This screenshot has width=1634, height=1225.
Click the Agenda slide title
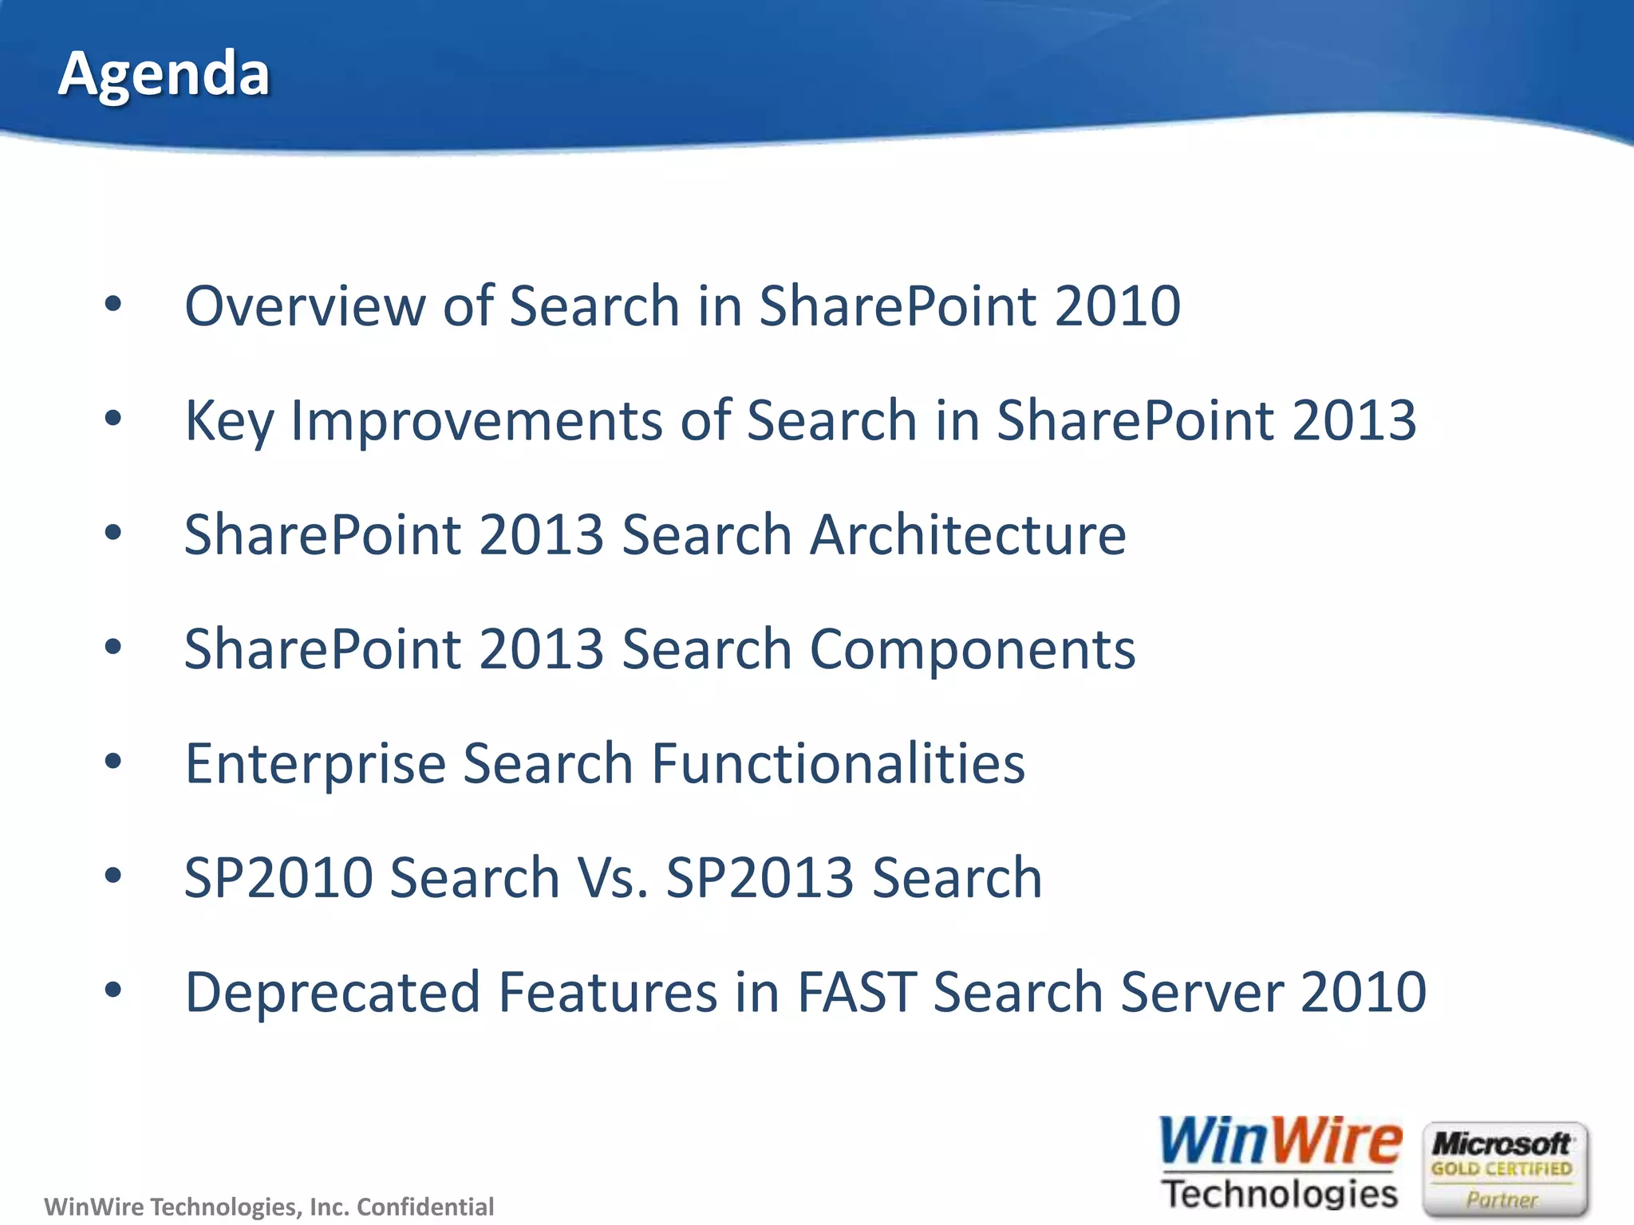pyautogui.click(x=164, y=73)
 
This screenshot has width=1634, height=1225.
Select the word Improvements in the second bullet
pyautogui.click(x=476, y=420)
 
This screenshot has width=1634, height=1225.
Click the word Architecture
pyautogui.click(x=968, y=534)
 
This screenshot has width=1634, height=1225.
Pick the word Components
pyautogui.click(x=972, y=649)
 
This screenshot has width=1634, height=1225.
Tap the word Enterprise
pyautogui.click(x=315, y=764)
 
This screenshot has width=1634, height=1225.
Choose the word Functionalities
pyautogui.click(x=838, y=763)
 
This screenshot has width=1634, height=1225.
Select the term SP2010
pyautogui.click(x=278, y=878)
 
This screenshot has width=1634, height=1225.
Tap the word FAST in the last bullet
pyautogui.click(x=855, y=993)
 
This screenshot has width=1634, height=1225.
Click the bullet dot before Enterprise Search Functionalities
pyautogui.click(x=113, y=762)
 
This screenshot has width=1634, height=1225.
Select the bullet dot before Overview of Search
pyautogui.click(x=113, y=304)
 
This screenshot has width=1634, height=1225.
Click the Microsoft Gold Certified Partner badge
pyautogui.click(x=1504, y=1169)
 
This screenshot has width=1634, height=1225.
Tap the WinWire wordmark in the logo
pyautogui.click(x=1280, y=1142)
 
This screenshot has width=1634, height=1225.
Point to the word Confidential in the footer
pyautogui.click(x=425, y=1207)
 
